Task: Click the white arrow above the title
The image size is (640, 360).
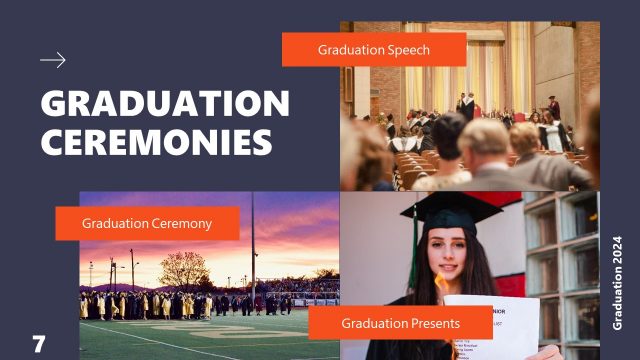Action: tap(53, 60)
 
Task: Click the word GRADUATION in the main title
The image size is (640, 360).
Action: tap(165, 104)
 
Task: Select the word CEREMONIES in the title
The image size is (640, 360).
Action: tap(157, 141)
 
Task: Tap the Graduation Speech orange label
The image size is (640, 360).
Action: tap(374, 49)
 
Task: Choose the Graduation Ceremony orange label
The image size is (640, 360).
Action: tap(147, 223)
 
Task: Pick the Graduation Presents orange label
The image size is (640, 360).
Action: tap(400, 323)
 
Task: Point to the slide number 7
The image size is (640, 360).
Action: tap(39, 345)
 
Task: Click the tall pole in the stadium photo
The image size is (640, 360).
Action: tap(252, 250)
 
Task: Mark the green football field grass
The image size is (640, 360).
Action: tap(200, 335)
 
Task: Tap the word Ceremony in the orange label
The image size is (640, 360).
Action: tap(180, 223)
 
